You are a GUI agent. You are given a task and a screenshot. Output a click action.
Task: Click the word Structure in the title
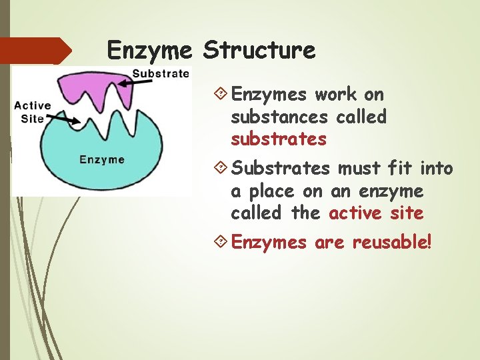point(259,49)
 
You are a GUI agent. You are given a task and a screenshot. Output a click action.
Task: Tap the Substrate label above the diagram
point(161,73)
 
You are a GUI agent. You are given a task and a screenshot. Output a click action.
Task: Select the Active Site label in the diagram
point(32,112)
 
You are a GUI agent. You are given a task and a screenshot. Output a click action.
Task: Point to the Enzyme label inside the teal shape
point(102,159)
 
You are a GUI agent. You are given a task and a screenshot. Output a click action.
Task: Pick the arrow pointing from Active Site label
point(63,119)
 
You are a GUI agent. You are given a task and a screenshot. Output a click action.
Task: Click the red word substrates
point(279,139)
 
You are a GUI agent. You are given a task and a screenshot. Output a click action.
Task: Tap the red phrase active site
point(376,213)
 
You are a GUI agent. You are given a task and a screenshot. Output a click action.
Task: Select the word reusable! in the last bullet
point(392,242)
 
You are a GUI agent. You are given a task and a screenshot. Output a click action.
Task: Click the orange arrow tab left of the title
point(37,51)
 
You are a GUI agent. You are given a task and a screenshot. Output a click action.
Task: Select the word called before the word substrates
point(361,117)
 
